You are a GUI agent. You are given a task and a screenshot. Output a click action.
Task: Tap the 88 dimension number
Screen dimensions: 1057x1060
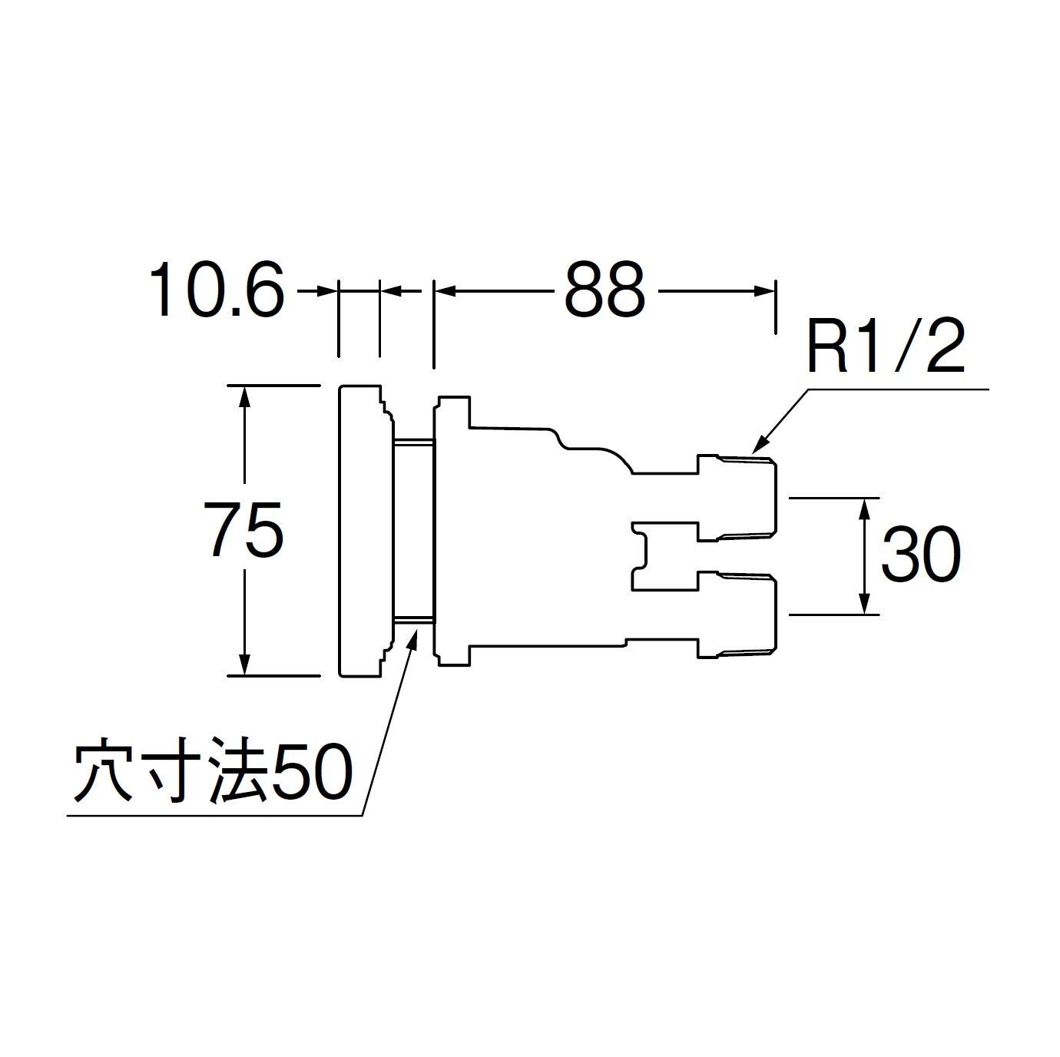pyautogui.click(x=604, y=290)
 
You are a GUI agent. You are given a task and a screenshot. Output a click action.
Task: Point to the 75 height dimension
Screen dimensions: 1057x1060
pyautogui.click(x=245, y=529)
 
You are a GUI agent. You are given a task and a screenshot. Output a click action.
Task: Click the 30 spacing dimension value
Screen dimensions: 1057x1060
pyautogui.click(x=920, y=555)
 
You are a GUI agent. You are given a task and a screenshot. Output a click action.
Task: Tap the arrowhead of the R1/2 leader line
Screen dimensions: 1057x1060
pyautogui.click(x=757, y=445)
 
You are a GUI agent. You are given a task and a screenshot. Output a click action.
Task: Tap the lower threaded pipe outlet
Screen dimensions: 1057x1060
pyautogui.click(x=737, y=615)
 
